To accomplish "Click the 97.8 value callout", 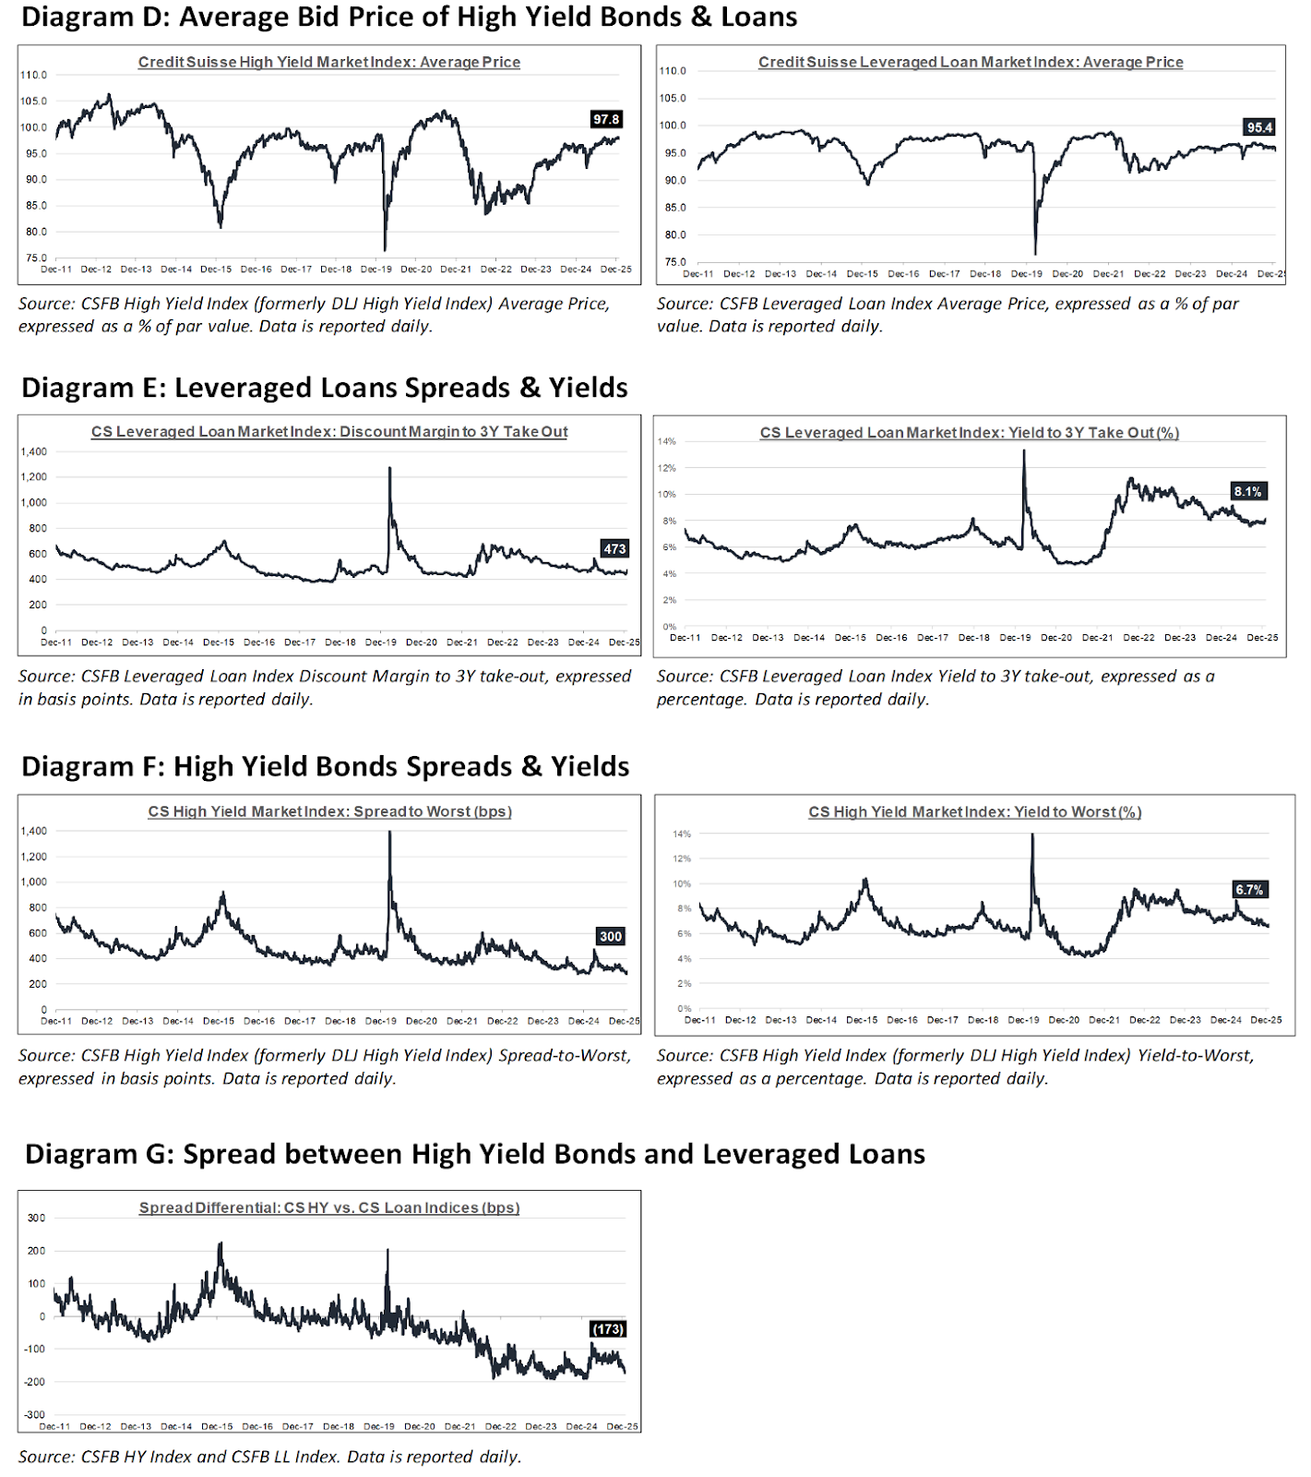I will (x=606, y=119).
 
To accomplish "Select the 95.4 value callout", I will (x=1259, y=127).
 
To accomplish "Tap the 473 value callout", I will (x=614, y=548).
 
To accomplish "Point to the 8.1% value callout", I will (x=1247, y=491).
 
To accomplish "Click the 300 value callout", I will (x=611, y=936).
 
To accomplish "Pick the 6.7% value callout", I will (x=1248, y=890).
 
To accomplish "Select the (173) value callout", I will (x=608, y=1329).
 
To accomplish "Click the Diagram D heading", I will (x=409, y=17).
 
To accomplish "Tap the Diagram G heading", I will (x=474, y=1154).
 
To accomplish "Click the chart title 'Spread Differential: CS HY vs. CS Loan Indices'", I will (x=329, y=1207).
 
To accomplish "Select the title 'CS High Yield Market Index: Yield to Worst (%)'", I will (x=975, y=812).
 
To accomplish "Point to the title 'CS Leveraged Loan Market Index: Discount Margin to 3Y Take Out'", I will (x=329, y=432).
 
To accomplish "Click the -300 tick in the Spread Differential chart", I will (x=34, y=1414).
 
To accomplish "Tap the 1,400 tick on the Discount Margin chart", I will (x=33, y=451).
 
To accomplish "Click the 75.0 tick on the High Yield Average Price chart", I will (x=36, y=258).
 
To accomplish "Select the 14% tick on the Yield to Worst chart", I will (x=682, y=834).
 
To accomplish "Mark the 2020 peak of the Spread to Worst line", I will (x=389, y=833).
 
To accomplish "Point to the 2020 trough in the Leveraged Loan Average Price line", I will (x=1035, y=254).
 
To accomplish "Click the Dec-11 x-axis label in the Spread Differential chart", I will (x=55, y=1426).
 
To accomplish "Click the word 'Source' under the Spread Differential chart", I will (x=45, y=1457).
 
